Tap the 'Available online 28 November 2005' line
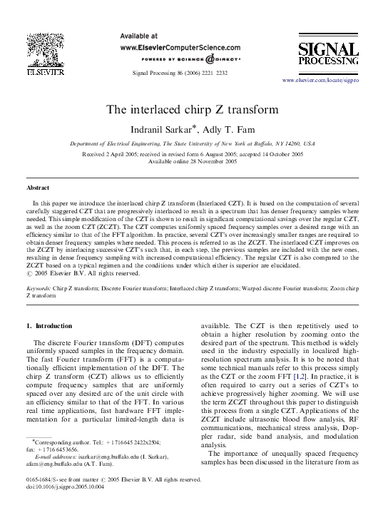(x=193, y=161)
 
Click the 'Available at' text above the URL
(x=141, y=34)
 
